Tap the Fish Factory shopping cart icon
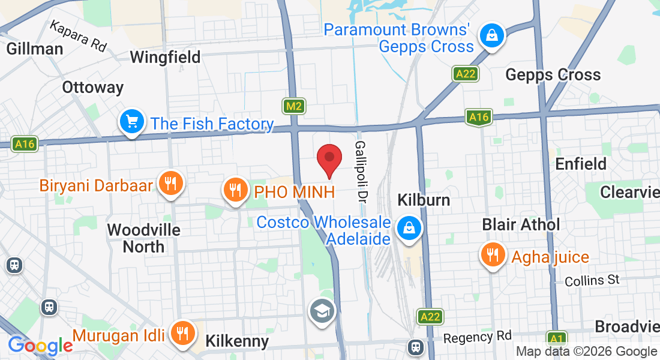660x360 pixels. pos(131,122)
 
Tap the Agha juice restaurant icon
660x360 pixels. pos(493,256)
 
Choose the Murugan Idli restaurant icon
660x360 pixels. pos(181,334)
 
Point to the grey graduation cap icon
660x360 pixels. pos(322,311)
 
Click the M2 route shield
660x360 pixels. pos(294,106)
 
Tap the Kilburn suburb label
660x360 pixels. pos(424,199)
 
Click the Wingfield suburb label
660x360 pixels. pos(166,58)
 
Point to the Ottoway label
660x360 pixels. pos(93,88)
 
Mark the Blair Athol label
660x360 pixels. pos(521,224)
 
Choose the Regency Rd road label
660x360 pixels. pos(478,337)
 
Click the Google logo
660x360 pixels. pos(40,346)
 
